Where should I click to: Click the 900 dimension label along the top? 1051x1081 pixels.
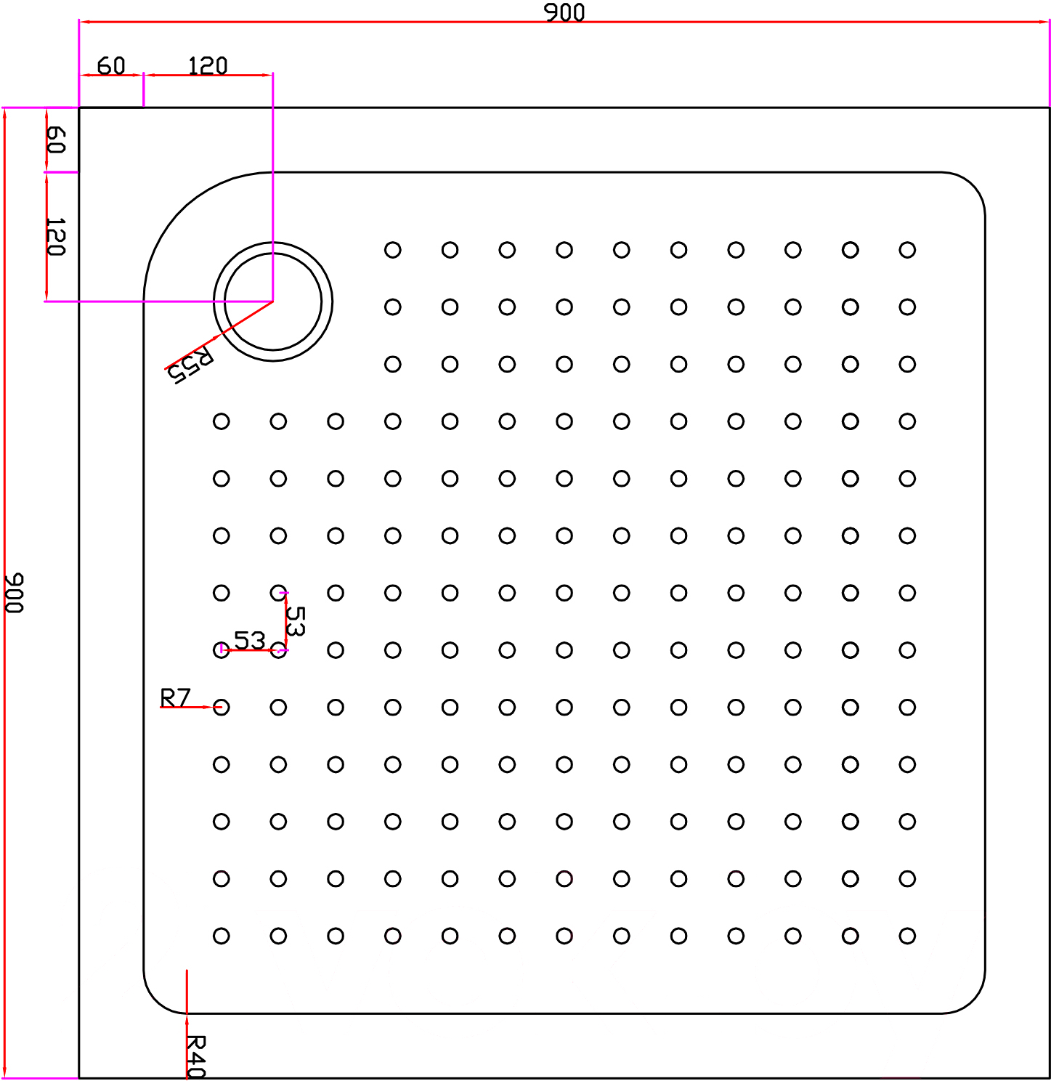564,13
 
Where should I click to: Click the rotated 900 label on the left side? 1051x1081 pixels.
14,593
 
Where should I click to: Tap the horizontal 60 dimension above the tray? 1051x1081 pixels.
111,66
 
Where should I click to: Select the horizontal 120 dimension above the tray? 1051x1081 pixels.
208,66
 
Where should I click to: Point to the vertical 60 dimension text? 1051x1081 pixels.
56,139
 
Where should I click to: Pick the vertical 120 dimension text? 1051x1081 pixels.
56,237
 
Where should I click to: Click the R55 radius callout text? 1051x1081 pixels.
190,365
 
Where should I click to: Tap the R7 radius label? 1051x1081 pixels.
176,697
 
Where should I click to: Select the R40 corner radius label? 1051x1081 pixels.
196,1056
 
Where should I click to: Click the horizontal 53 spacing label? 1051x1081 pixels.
249,641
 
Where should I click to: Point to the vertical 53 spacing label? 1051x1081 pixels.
296,621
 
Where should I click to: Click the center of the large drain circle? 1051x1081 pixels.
273,301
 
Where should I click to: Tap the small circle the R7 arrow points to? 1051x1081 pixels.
221,707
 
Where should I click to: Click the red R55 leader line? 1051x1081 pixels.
219,335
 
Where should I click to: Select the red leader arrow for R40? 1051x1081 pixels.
187,1025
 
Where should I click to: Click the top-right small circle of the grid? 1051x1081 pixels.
907,250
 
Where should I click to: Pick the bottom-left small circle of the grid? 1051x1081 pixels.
221,936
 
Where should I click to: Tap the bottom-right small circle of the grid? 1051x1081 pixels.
907,936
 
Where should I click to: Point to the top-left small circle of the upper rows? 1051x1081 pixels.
393,250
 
